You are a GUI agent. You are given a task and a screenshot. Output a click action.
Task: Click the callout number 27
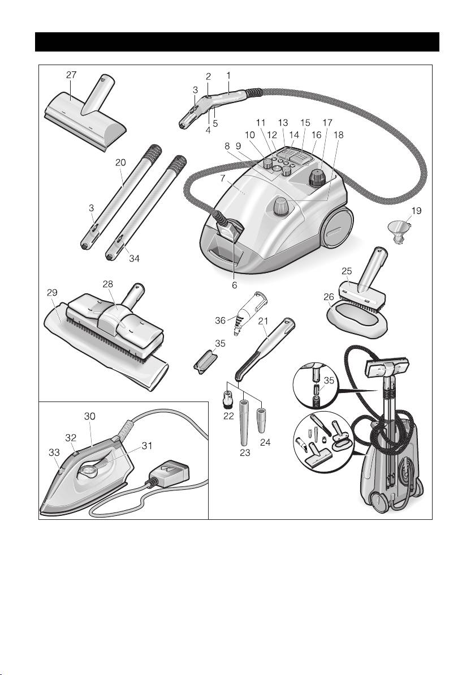point(71,75)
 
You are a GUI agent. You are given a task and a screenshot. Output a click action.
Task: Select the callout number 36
point(220,321)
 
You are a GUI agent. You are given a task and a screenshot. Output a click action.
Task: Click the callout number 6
point(234,284)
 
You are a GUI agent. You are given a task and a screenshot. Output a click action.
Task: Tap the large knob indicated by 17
point(317,177)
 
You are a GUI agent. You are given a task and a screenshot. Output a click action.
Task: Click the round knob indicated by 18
point(282,207)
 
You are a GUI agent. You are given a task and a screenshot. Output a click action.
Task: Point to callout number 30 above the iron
point(90,416)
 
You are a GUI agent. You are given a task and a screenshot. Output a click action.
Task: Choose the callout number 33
point(54,452)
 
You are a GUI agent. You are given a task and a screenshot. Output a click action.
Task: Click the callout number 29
point(52,293)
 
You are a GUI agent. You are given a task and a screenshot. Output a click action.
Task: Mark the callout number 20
point(120,163)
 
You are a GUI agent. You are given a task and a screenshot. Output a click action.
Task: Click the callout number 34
point(134,258)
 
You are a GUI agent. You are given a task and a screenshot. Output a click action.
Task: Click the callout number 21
point(263,321)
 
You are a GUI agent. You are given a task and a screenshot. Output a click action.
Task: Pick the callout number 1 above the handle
point(228,75)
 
